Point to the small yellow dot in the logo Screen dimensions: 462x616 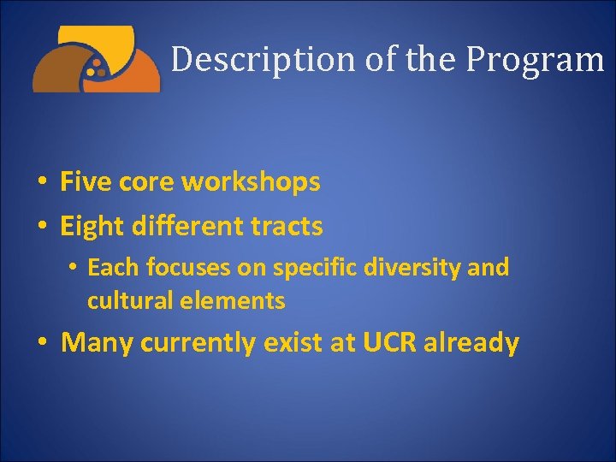click(x=97, y=63)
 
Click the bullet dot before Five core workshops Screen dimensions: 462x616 click(x=41, y=182)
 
